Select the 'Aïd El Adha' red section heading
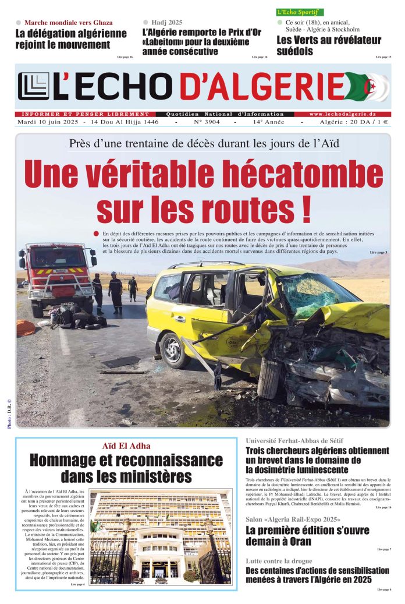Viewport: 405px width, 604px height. (126, 446)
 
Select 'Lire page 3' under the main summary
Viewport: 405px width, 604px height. (378, 252)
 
